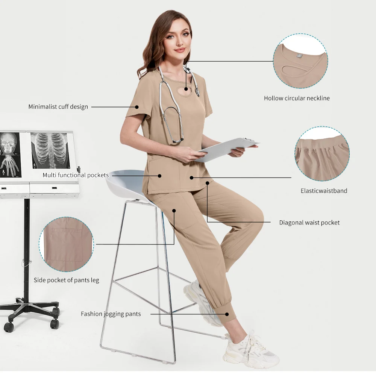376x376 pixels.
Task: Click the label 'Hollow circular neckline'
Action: point(297,99)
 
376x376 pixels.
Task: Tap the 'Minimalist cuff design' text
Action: point(58,107)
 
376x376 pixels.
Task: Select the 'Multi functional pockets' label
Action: point(76,175)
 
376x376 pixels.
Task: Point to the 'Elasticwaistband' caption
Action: point(324,191)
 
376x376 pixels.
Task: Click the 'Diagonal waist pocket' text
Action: point(309,223)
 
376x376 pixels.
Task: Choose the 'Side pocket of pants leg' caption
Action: point(67,280)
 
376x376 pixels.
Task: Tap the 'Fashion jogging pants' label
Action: point(111,314)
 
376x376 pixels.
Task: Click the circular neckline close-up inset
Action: point(300,61)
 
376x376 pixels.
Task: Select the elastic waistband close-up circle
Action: point(322,153)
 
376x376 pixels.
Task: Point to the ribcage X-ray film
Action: point(50,150)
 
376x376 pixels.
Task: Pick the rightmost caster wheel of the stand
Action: point(55,323)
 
